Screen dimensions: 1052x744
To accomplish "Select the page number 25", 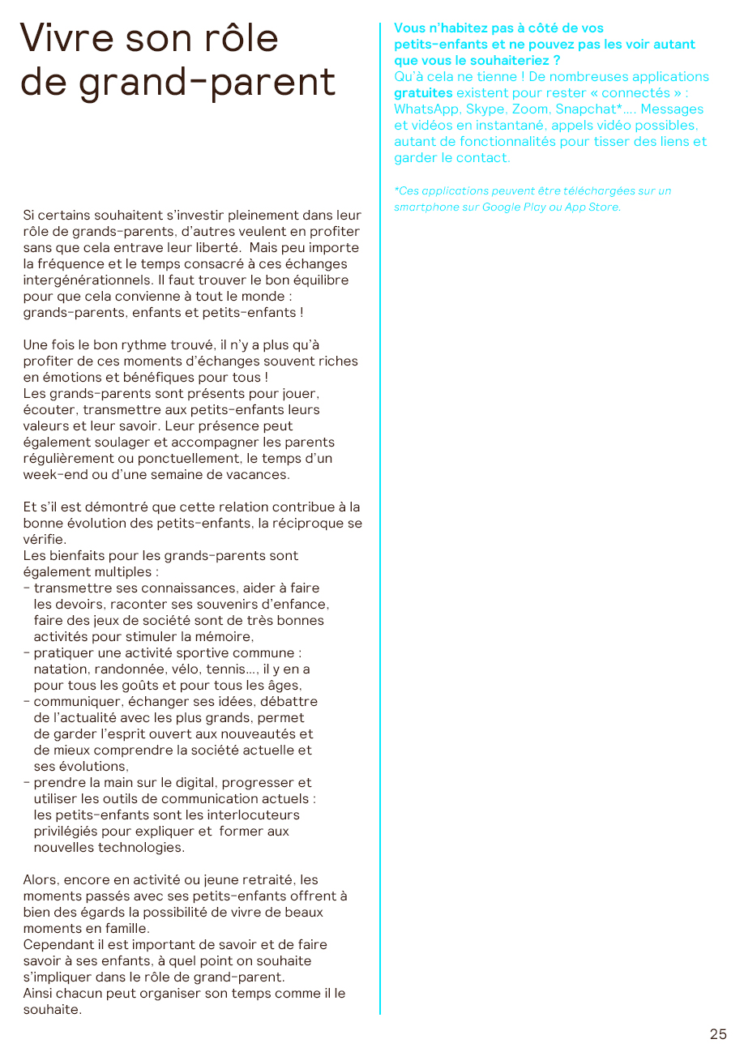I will tap(718, 1034).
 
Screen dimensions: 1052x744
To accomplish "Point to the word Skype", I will tap(485, 109).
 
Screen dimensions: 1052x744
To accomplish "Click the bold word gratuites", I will tap(423, 93).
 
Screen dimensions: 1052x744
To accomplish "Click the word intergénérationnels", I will tap(84, 280).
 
